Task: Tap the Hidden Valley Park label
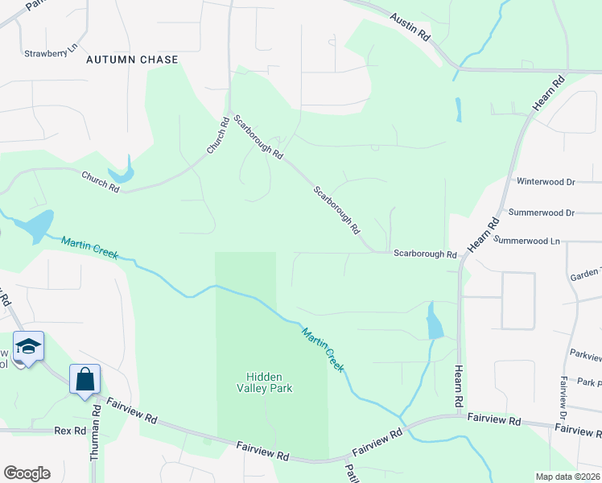point(270,382)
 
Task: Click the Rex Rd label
point(70,431)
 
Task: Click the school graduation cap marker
point(28,347)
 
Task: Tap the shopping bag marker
point(85,378)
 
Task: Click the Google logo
point(27,473)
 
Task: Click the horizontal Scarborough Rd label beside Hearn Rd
point(425,254)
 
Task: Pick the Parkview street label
point(585,354)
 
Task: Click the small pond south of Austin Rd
point(458,109)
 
